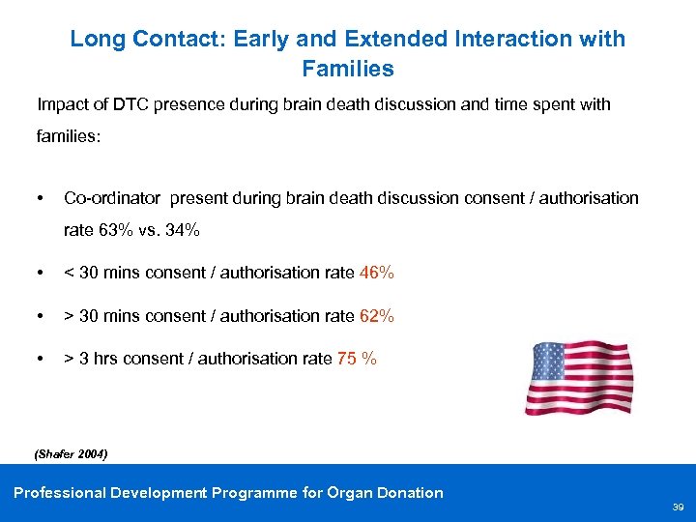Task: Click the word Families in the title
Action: (x=348, y=69)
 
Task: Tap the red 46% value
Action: (x=377, y=274)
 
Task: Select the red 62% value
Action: (x=377, y=316)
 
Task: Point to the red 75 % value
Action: (x=357, y=359)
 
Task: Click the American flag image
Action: (x=579, y=378)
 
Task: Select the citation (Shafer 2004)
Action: (x=71, y=453)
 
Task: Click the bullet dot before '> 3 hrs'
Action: (x=40, y=359)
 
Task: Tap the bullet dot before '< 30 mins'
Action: (x=40, y=274)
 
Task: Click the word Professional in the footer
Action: (x=60, y=493)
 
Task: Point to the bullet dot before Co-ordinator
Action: (x=40, y=198)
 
